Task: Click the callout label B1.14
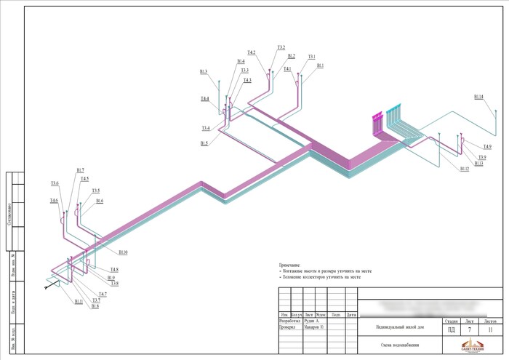[478, 96]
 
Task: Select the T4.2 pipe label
[251, 52]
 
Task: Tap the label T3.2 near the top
[281, 48]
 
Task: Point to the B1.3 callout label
[204, 71]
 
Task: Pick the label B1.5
[204, 143]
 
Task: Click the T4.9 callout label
[486, 147]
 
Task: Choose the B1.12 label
[465, 169]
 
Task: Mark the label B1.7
[80, 170]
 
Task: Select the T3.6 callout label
[55, 183]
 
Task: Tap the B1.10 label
[123, 252]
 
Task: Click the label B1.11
[79, 300]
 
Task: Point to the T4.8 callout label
[114, 270]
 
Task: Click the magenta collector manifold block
[377, 123]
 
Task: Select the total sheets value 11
[490, 329]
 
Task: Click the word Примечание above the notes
[290, 265]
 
